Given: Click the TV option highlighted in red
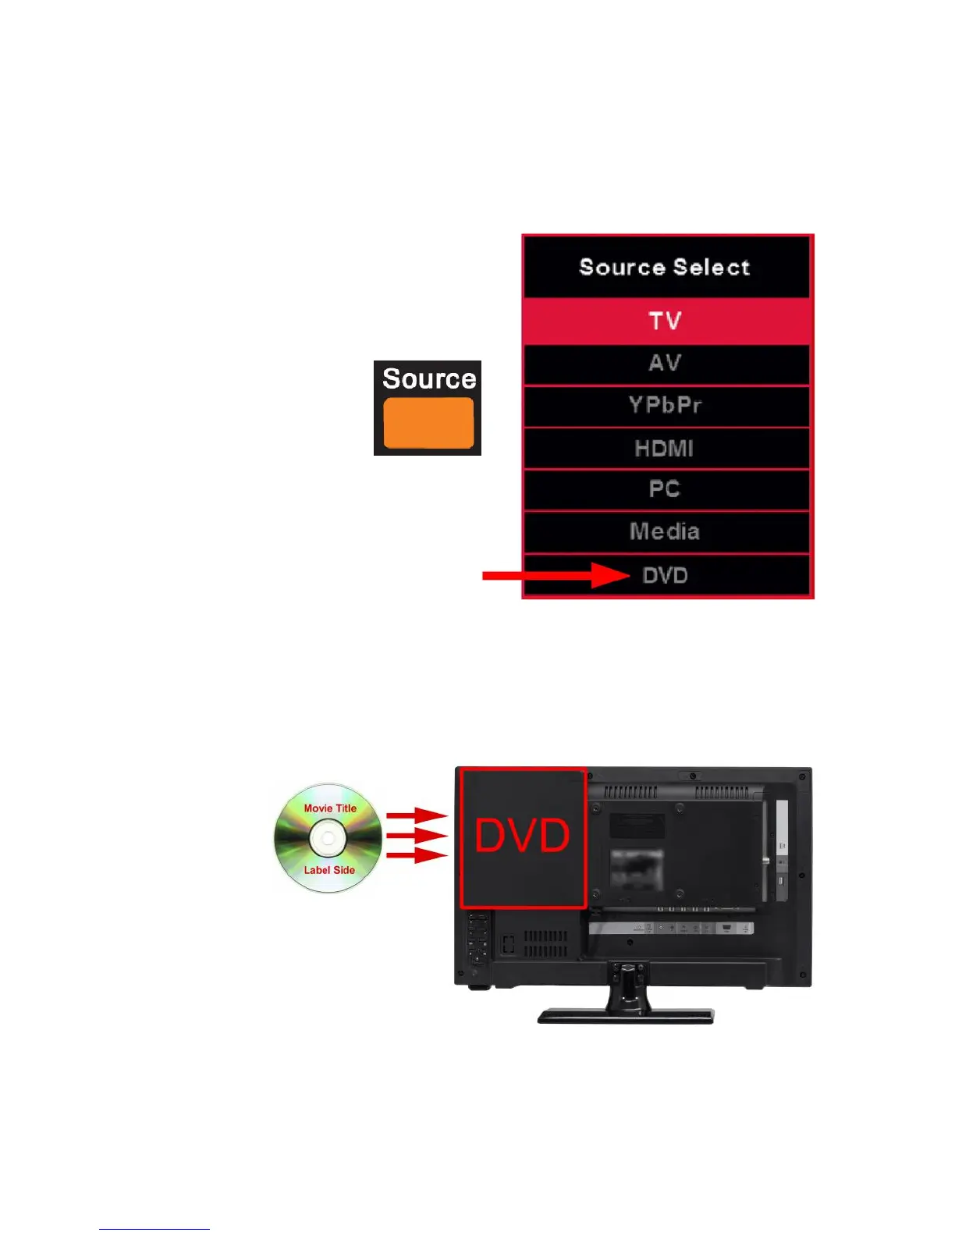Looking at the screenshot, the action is coord(666,321).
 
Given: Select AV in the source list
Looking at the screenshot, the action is coord(666,363).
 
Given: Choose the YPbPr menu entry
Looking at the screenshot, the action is coord(666,405).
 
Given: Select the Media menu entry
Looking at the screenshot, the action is coord(666,531).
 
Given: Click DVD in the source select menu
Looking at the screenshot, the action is coord(666,576).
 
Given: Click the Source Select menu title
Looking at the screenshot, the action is coord(666,267).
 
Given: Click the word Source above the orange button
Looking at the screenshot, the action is coord(428,378).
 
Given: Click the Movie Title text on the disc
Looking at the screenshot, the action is coord(330,808).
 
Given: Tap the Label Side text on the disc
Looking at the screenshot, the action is coord(329,870).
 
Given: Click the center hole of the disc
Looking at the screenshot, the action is coord(328,839).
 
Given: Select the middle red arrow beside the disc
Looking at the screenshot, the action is coord(417,836).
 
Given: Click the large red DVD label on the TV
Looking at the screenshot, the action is coord(523,836).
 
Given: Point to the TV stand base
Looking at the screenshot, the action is coord(625,1015).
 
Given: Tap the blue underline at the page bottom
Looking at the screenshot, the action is coord(154,1229).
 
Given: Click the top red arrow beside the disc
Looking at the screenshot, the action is coord(417,815).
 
